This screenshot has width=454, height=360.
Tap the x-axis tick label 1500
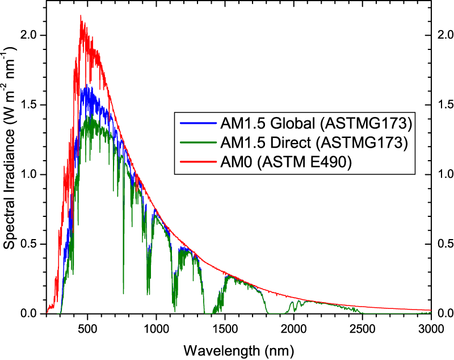tap(225, 328)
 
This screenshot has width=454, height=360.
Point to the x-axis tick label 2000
tap(294, 328)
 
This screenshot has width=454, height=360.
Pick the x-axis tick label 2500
tap(363, 328)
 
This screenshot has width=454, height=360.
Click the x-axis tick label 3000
tap(431, 328)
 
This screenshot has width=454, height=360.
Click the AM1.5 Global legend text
tap(314, 123)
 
